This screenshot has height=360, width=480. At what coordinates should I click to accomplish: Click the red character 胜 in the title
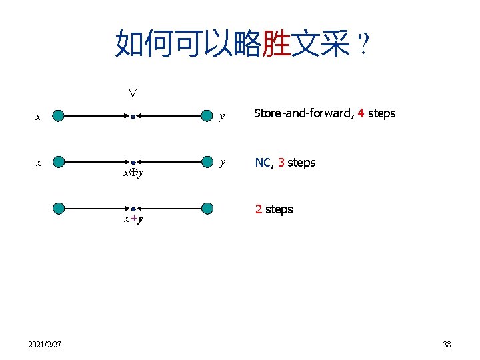(x=276, y=43)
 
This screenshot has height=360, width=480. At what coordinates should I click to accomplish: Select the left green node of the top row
(x=59, y=117)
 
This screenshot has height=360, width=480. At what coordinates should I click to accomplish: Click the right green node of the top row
(x=207, y=117)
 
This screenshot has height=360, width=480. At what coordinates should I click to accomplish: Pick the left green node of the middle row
(x=59, y=162)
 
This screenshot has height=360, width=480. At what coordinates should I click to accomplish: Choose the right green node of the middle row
(x=207, y=162)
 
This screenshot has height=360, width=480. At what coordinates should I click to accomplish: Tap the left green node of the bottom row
(x=59, y=209)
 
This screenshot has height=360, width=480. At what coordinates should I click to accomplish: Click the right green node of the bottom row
(x=207, y=209)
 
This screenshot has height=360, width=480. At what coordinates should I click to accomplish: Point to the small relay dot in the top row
(x=133, y=117)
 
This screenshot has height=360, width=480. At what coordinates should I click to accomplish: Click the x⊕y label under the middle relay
(x=133, y=173)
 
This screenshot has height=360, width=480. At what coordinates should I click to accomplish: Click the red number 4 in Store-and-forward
(x=361, y=113)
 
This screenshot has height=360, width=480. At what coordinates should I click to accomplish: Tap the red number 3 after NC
(x=281, y=163)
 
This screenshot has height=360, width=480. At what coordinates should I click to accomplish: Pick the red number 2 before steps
(x=259, y=209)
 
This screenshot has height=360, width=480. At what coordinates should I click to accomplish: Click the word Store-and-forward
(x=304, y=113)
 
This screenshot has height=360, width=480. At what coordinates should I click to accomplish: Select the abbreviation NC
(x=263, y=163)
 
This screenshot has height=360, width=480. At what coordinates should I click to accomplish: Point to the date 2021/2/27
(x=45, y=345)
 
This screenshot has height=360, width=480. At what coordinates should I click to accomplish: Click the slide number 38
(x=447, y=345)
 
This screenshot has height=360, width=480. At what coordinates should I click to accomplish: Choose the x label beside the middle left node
(x=39, y=162)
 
